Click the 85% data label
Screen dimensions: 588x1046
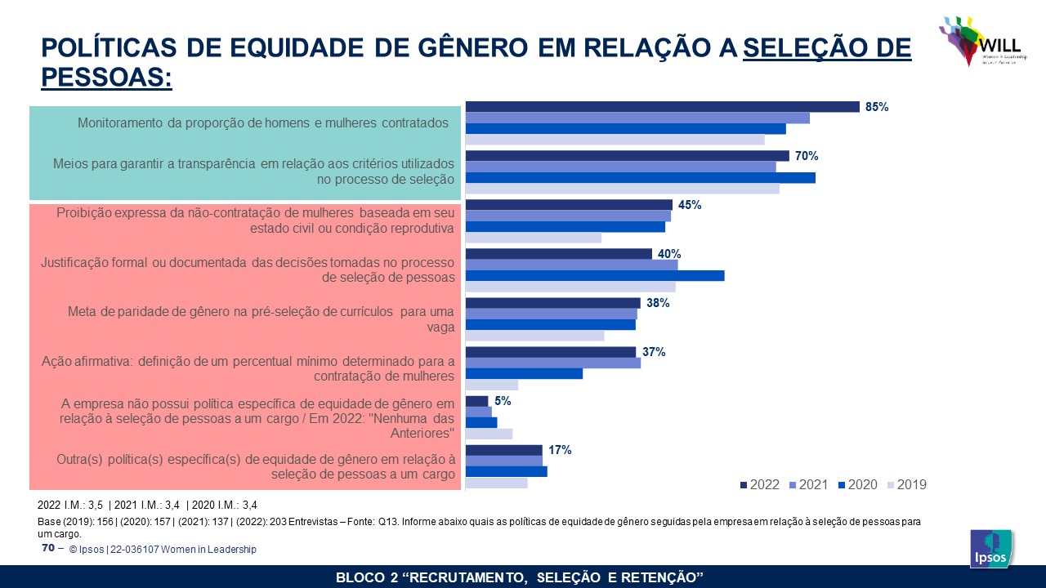point(877,107)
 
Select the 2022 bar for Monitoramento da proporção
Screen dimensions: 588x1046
point(662,107)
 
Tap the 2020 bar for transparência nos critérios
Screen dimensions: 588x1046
point(640,178)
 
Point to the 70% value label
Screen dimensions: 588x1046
point(807,156)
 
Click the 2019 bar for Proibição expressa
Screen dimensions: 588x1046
point(533,238)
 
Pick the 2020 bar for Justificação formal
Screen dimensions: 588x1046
point(594,276)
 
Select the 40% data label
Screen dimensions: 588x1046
point(669,254)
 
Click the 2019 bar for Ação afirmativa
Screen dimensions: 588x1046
point(491,385)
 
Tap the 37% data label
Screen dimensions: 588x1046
point(653,352)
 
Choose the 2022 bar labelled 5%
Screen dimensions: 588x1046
point(476,401)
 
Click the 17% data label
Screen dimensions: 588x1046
point(560,450)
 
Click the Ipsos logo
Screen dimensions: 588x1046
point(990,548)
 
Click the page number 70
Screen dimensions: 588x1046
point(47,548)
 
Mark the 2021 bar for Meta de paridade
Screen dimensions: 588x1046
point(551,314)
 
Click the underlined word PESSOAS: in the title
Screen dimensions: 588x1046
point(106,77)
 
